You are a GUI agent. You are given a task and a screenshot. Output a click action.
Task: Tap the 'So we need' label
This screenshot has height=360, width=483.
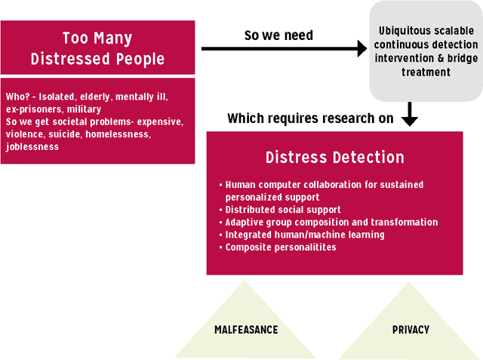(278, 35)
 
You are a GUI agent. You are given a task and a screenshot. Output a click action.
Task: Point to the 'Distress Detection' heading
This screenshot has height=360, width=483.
(334, 158)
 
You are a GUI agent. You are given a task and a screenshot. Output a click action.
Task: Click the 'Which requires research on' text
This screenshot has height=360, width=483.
(309, 119)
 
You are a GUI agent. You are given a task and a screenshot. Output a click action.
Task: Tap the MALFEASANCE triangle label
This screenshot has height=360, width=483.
(246, 330)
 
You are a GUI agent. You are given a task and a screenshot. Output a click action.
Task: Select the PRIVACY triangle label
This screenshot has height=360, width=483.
(411, 330)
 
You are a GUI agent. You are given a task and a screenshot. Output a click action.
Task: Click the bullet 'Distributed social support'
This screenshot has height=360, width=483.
(283, 209)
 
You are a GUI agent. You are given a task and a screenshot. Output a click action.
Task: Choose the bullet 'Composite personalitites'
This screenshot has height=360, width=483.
(281, 247)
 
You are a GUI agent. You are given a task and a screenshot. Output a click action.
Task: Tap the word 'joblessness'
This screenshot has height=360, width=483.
(32, 147)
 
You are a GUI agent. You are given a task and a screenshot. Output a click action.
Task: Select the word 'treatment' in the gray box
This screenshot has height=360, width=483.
(427, 72)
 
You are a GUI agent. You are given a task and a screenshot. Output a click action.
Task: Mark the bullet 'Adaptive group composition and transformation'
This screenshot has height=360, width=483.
(331, 222)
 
